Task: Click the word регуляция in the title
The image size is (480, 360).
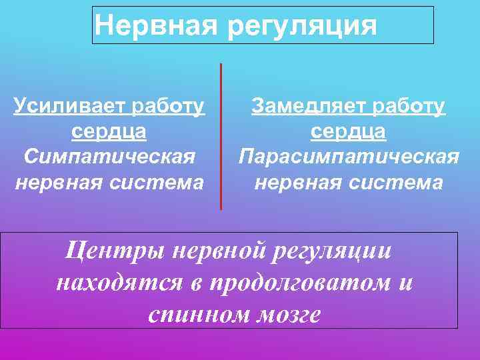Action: [x=301, y=27]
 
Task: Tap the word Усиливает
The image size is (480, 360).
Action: [x=71, y=107]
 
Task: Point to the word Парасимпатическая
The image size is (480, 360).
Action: [x=349, y=157]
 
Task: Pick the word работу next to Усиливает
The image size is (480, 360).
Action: [x=169, y=107]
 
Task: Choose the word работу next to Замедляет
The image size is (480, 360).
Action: [x=410, y=107]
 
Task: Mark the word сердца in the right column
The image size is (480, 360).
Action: [x=349, y=132]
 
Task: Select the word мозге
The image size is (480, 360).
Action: [x=289, y=314]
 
